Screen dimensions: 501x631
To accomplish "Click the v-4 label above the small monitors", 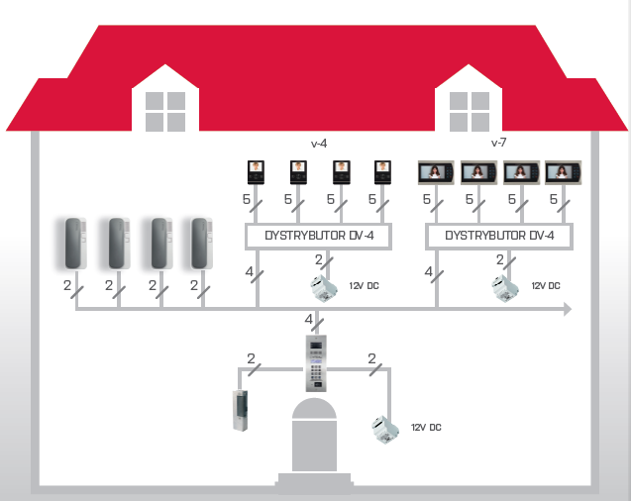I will (319, 144).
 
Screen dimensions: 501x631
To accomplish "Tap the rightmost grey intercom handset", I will (203, 243).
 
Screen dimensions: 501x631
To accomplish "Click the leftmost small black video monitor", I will (256, 171).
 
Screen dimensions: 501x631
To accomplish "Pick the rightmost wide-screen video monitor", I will (563, 172).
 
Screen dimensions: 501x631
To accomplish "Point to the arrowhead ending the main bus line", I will (568, 310).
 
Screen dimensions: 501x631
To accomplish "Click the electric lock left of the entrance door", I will (240, 410).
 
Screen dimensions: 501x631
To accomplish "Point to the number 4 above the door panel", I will (309, 320).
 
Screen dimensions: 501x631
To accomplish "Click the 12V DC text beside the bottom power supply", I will (425, 428).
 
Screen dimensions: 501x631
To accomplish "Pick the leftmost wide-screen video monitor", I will (436, 172).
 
